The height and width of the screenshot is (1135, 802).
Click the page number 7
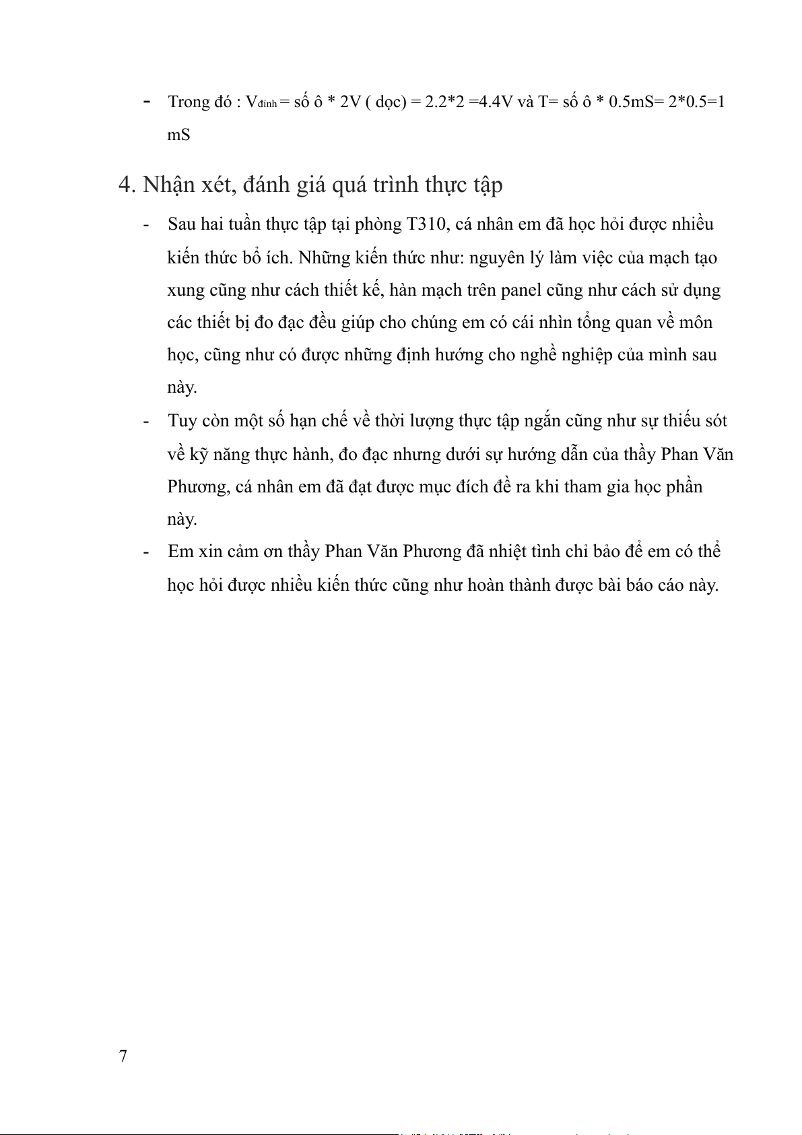(x=123, y=1056)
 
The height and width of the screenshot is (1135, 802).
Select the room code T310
(x=426, y=224)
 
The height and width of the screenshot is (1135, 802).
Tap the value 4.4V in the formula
(x=491, y=102)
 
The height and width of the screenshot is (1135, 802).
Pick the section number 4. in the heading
(x=127, y=185)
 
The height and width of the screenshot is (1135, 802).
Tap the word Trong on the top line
(x=189, y=102)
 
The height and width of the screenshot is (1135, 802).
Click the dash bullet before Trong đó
(x=146, y=102)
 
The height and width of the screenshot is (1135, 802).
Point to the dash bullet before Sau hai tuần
(x=146, y=224)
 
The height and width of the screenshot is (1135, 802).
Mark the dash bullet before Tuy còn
(x=146, y=421)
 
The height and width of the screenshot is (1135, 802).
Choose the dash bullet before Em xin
(x=146, y=552)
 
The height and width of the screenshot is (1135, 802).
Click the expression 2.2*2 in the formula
(x=444, y=102)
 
